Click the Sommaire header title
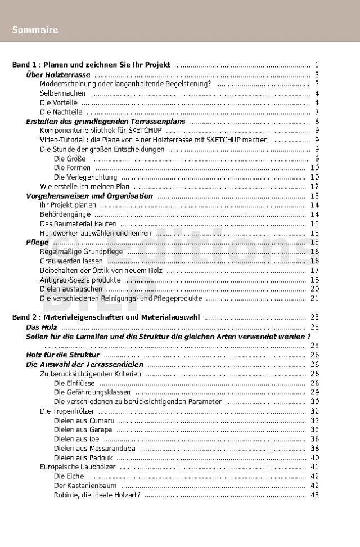coord(35,29)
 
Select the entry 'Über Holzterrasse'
coord(58,74)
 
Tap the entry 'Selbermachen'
coord(63,93)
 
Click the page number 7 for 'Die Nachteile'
coord(317,111)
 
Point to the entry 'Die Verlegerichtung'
coord(85,177)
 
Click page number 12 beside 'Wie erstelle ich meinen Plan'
coord(315,186)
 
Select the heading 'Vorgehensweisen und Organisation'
coord(89,196)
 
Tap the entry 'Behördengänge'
coord(65,214)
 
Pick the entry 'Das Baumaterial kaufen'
coord(78,223)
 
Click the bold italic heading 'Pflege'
coord(37,242)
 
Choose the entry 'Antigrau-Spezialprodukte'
coord(80,280)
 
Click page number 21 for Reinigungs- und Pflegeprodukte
coord(315,298)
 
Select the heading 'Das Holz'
coord(42,327)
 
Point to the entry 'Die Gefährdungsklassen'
coord(92,392)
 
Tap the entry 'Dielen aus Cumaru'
coord(84,420)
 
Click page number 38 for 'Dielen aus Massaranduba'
coord(315,449)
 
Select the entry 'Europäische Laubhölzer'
coord(78,467)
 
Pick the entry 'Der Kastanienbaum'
coord(85,486)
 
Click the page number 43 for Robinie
coord(315,495)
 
